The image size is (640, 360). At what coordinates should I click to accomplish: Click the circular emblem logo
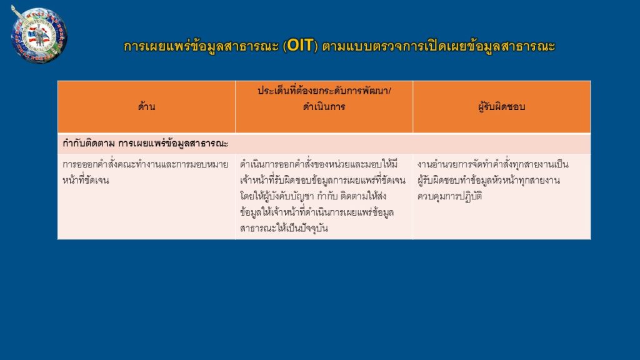[x=39, y=35]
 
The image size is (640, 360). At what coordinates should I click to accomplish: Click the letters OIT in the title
[x=300, y=46]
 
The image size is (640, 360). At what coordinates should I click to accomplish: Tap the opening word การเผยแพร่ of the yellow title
[x=157, y=46]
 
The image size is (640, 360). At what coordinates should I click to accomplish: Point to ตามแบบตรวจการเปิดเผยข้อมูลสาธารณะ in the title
[x=439, y=46]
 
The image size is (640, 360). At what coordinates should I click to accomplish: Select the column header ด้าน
[x=146, y=107]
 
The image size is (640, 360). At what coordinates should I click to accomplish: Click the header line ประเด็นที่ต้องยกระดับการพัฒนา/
[x=324, y=91]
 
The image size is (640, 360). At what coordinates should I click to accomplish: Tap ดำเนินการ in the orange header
[x=324, y=107]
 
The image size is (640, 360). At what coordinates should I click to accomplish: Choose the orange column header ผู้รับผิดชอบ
[x=502, y=107]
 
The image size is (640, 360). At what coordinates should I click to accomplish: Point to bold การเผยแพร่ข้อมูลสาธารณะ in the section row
[x=173, y=144]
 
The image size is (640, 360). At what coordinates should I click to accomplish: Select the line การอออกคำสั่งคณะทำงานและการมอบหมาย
[x=145, y=164]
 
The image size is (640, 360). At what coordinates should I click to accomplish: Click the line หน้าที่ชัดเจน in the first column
[x=86, y=180]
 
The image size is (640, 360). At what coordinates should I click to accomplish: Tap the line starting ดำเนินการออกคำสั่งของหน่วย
[x=319, y=164]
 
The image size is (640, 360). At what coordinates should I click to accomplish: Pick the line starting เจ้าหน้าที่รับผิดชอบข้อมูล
[x=323, y=180]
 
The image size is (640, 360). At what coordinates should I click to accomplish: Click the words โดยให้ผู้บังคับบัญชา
[x=277, y=196]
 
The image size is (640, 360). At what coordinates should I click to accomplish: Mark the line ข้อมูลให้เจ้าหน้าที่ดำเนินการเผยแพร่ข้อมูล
[x=317, y=212]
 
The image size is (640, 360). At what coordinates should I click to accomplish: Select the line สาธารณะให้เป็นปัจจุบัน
[x=284, y=228]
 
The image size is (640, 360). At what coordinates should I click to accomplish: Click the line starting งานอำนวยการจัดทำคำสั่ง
[x=492, y=164]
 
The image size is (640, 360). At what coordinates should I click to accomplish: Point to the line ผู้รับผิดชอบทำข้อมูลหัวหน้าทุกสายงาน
[x=489, y=180]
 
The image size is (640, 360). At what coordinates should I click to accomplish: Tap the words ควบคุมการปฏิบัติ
[x=450, y=196]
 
